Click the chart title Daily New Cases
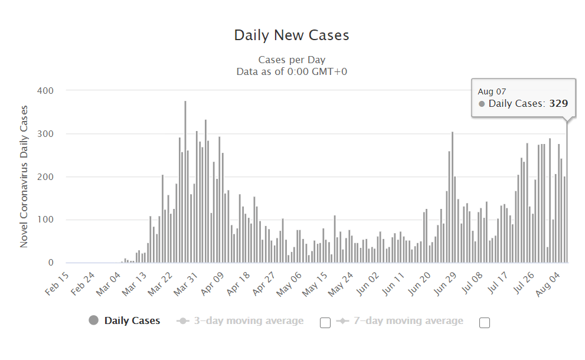(x=292, y=35)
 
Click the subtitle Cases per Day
(x=292, y=60)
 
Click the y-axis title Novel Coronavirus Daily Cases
(x=24, y=176)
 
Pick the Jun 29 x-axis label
(x=444, y=283)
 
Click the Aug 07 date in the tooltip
(x=492, y=91)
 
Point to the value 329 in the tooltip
(x=558, y=104)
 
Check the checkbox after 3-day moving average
(x=325, y=322)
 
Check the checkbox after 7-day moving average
(x=485, y=322)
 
